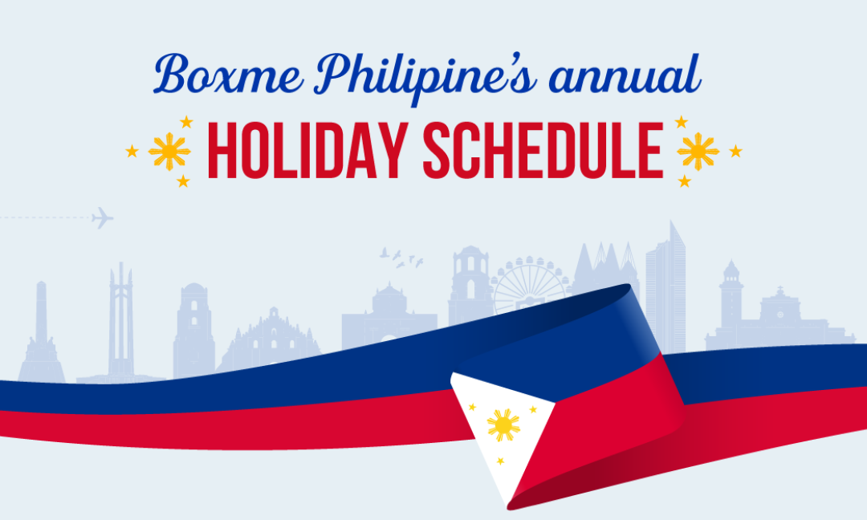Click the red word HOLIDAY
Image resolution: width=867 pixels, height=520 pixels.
click(308, 151)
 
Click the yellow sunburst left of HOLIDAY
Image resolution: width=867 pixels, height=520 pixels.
click(169, 151)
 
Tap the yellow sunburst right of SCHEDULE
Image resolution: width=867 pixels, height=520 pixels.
click(698, 151)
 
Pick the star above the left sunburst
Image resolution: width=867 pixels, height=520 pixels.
click(186, 122)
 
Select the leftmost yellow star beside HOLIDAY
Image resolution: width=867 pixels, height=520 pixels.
click(132, 151)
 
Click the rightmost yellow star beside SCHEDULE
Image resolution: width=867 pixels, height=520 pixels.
click(735, 151)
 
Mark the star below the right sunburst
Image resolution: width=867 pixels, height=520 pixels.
click(684, 181)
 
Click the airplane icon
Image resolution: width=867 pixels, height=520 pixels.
click(102, 217)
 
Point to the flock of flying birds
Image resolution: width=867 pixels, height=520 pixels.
click(401, 257)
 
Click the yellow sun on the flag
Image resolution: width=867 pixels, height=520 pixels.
click(503, 425)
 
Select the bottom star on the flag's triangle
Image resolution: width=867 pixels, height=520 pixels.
click(500, 461)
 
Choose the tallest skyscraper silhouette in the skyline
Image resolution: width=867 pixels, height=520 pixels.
click(666, 281)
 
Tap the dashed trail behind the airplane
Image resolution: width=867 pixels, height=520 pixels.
click(44, 217)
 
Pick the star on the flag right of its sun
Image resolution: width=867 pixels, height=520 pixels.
click(532, 409)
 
